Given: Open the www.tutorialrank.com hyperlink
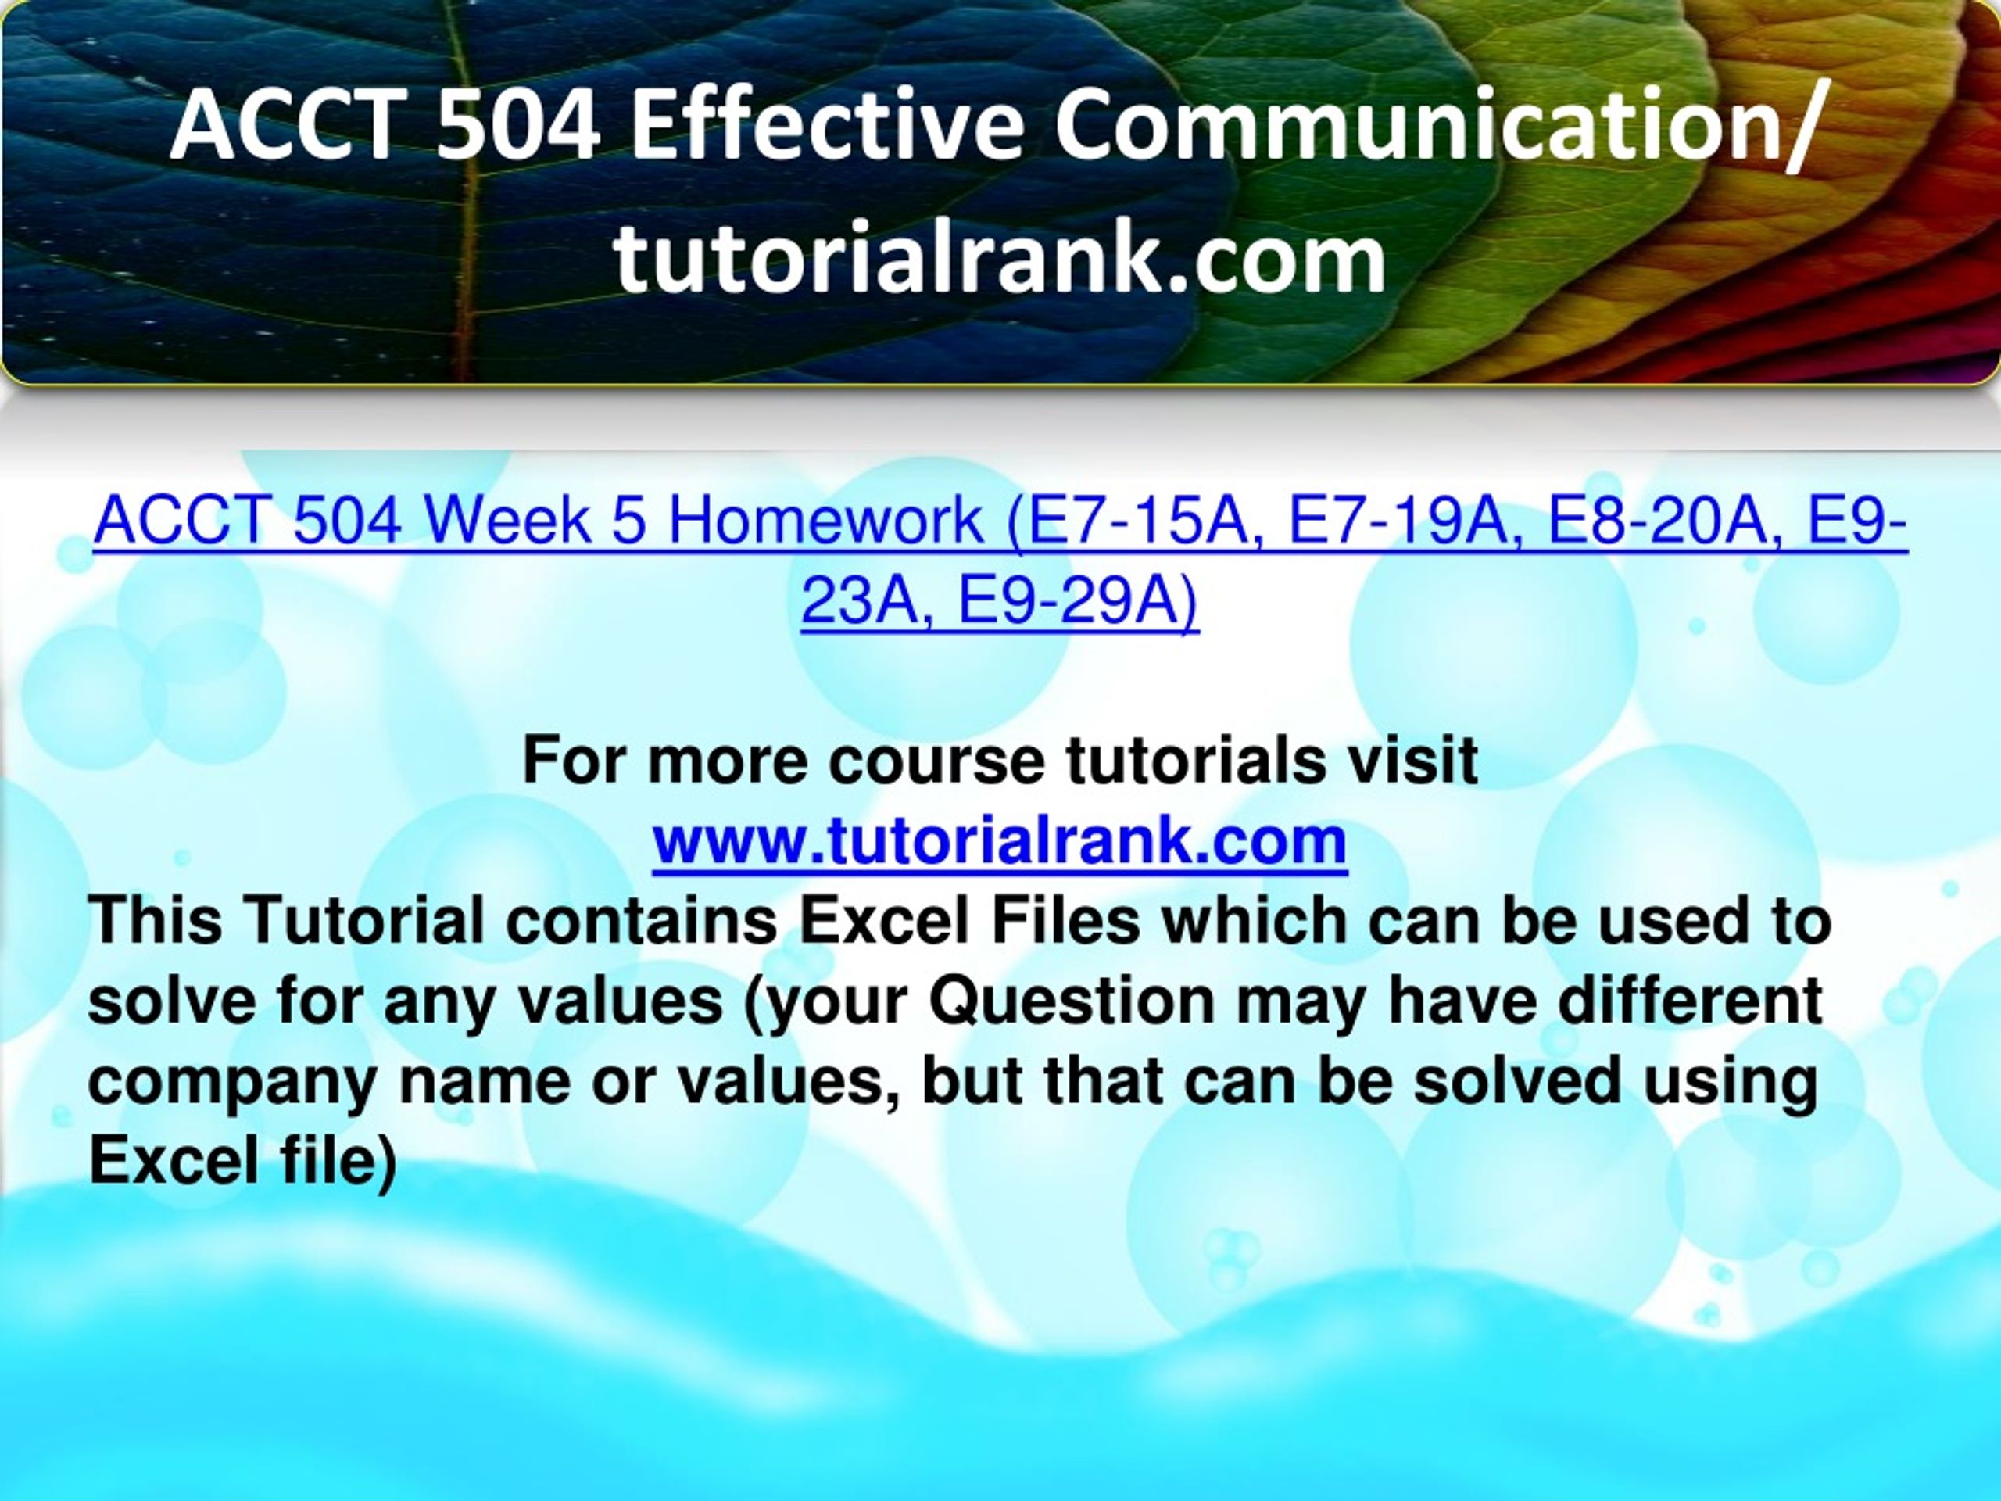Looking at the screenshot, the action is coord(1000,841).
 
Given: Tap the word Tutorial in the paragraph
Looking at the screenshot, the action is coord(363,919).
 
